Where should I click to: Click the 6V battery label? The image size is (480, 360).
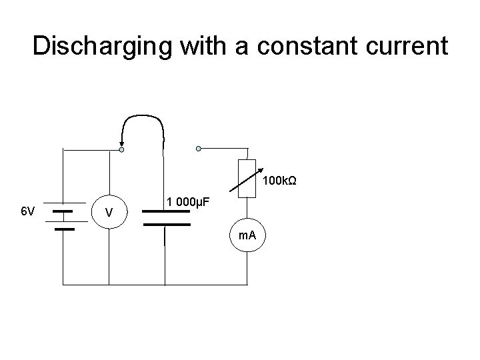[27, 211]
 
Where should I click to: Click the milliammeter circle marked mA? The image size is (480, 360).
[247, 235]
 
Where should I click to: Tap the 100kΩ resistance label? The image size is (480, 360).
[279, 181]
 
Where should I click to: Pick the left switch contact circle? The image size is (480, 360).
[121, 150]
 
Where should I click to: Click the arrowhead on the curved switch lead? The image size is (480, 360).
[121, 142]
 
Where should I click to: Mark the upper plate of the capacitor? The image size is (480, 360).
[166, 211]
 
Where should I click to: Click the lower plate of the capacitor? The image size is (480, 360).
[166, 225]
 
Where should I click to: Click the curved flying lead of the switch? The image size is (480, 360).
[143, 115]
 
